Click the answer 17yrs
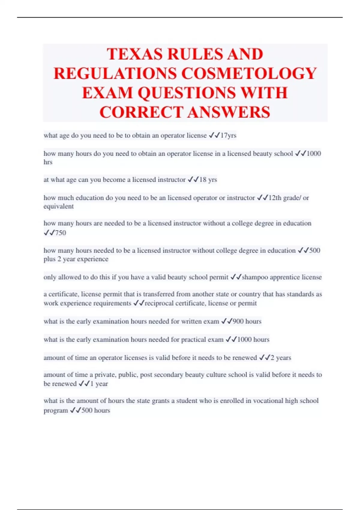point(228,136)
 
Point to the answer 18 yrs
point(208,180)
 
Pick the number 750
point(61,233)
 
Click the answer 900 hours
point(247,321)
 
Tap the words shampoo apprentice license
point(282,277)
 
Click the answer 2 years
point(281,358)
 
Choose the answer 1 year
point(99,384)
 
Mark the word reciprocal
point(159,303)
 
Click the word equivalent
point(58,206)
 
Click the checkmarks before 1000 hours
point(231,340)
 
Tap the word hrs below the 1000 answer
point(48,162)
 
